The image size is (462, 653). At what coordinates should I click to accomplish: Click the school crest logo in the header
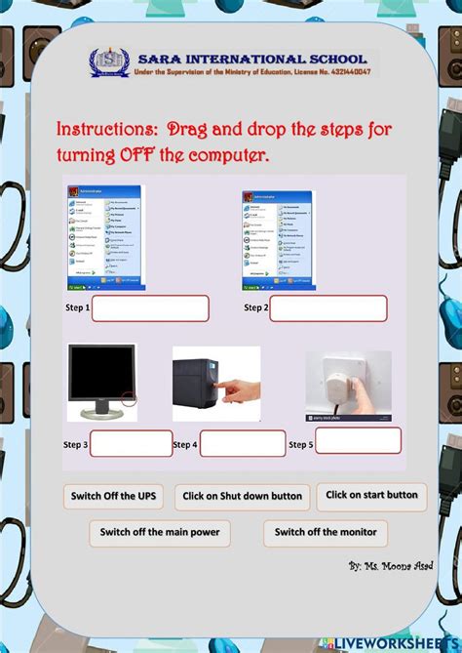[x=105, y=63]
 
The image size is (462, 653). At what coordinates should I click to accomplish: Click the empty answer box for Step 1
[x=150, y=308]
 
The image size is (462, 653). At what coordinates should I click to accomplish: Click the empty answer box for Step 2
[x=327, y=308]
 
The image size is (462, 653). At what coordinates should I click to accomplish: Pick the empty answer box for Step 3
[x=131, y=444]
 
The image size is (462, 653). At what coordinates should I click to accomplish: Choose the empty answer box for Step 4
[x=243, y=444]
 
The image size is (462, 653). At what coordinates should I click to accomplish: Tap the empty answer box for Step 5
[x=358, y=440]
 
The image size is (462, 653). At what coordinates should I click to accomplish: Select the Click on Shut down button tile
[x=243, y=497]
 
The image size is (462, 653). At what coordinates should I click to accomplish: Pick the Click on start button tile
[x=371, y=496]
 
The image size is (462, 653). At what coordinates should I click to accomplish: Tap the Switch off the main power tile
[x=160, y=533]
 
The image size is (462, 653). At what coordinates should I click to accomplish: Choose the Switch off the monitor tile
[x=326, y=533]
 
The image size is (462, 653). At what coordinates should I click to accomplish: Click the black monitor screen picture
[x=100, y=377]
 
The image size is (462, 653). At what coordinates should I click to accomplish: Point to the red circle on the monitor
[x=129, y=397]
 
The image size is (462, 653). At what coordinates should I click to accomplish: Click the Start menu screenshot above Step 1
[x=104, y=237]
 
